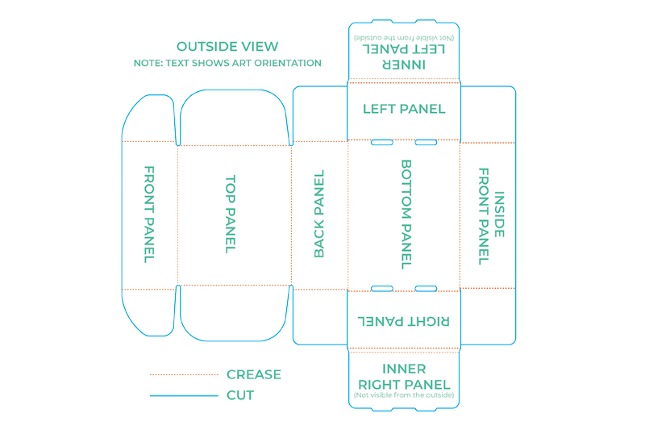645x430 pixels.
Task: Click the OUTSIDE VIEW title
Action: pos(227,47)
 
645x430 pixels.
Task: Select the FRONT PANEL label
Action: pos(149,215)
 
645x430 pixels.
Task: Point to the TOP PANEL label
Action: pos(231,215)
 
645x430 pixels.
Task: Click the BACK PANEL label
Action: pos(319,214)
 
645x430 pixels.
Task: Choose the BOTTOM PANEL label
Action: pos(406,215)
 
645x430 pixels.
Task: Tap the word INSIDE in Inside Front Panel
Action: pos(499,215)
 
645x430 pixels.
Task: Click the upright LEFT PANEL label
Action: pos(404,109)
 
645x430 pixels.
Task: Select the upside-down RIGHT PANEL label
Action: pos(404,321)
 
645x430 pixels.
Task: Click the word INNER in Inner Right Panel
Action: pos(404,369)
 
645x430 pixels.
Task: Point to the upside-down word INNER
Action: pos(404,65)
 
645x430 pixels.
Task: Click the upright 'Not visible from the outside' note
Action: pos(404,395)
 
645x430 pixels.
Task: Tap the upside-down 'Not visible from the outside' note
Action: pos(404,38)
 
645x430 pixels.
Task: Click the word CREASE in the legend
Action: pos(254,374)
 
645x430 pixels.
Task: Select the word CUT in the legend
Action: pos(240,395)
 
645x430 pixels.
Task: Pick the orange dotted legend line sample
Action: pos(184,374)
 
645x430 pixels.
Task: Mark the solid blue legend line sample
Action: pos(184,396)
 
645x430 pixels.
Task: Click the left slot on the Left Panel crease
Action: pos(382,142)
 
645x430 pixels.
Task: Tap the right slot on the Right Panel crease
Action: pos(426,289)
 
